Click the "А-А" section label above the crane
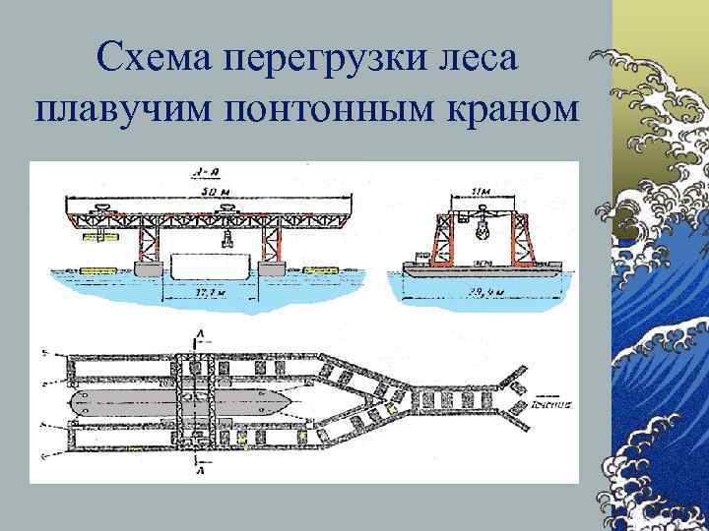pyautogui.click(x=207, y=173)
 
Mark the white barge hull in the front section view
pyautogui.click(x=210, y=265)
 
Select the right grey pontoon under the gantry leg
pyautogui.click(x=272, y=267)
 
